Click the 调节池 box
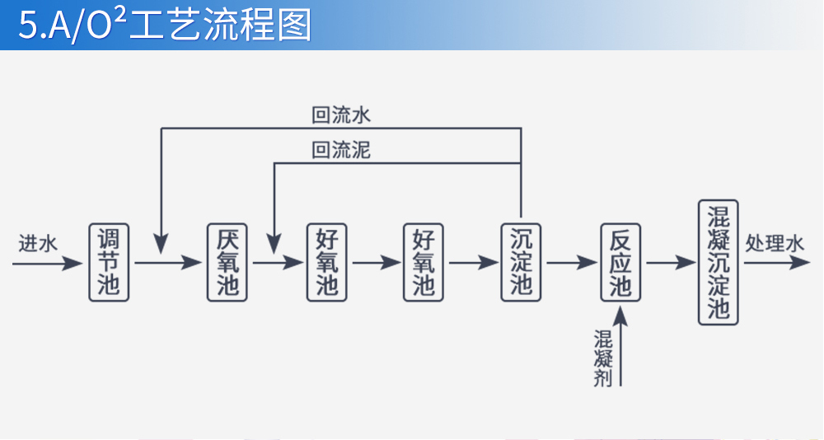109,262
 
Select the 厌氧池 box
227,262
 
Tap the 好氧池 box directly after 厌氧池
326,262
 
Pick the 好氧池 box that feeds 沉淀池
424,262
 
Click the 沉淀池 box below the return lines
522,262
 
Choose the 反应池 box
620,262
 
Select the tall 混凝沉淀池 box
719,262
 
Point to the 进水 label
38,244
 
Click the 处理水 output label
774,244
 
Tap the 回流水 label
341,115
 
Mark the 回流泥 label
341,151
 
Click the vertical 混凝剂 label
603,359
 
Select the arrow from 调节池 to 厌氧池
168,263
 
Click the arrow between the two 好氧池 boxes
375,263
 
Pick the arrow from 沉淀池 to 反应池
571,263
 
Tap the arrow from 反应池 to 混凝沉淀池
671,263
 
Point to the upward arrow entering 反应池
620,346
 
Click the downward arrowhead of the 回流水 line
161,242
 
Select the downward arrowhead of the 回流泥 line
274,242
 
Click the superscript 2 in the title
119,16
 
